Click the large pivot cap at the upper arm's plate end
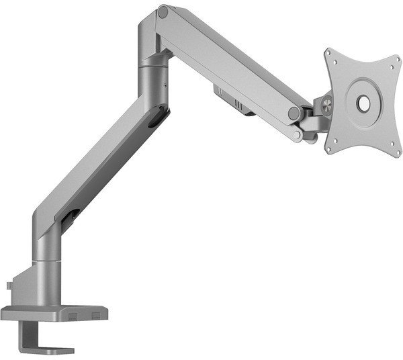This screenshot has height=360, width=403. coord(295,111)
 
